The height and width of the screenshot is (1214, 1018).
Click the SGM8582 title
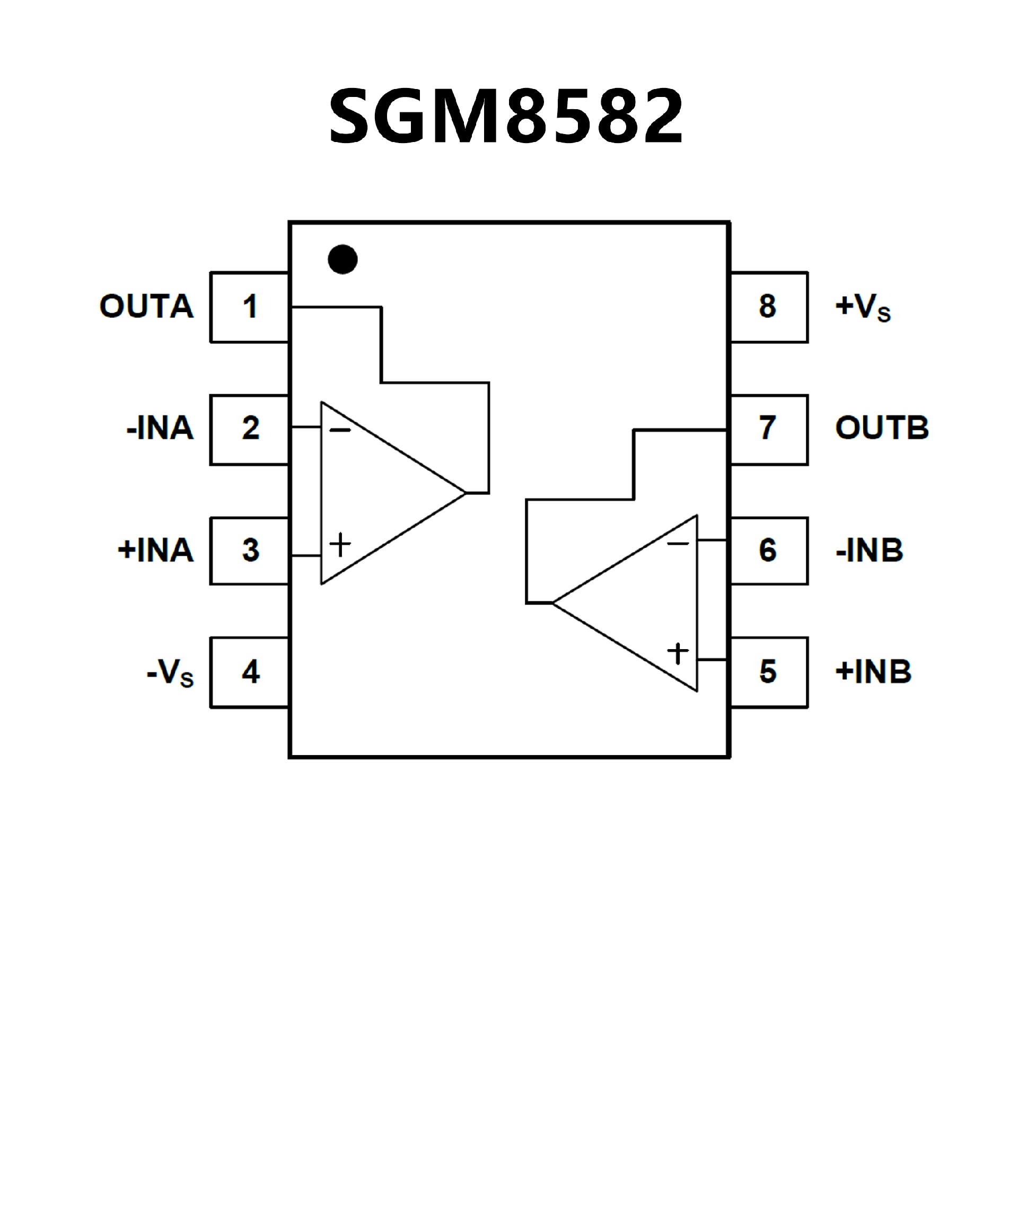click(x=506, y=116)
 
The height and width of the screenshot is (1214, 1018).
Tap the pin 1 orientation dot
click(x=343, y=259)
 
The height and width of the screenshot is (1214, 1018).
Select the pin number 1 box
click(x=250, y=307)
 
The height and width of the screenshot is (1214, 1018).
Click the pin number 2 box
click(x=250, y=429)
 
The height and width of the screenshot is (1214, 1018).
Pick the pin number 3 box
click(x=250, y=551)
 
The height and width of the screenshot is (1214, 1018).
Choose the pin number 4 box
click(x=250, y=672)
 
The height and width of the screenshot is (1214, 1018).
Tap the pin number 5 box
click(x=768, y=672)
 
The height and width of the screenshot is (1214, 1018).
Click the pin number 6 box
click(x=768, y=551)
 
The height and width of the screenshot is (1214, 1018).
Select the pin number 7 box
click(x=768, y=429)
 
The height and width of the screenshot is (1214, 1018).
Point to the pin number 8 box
click(x=768, y=307)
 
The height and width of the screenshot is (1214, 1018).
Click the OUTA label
click(x=146, y=306)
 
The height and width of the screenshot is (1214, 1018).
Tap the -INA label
click(x=160, y=428)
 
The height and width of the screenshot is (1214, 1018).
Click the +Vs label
click(x=863, y=307)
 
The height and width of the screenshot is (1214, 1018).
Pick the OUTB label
click(x=882, y=428)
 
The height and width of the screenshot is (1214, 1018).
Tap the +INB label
click(x=873, y=672)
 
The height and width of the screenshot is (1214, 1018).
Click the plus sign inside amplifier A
click(x=340, y=545)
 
